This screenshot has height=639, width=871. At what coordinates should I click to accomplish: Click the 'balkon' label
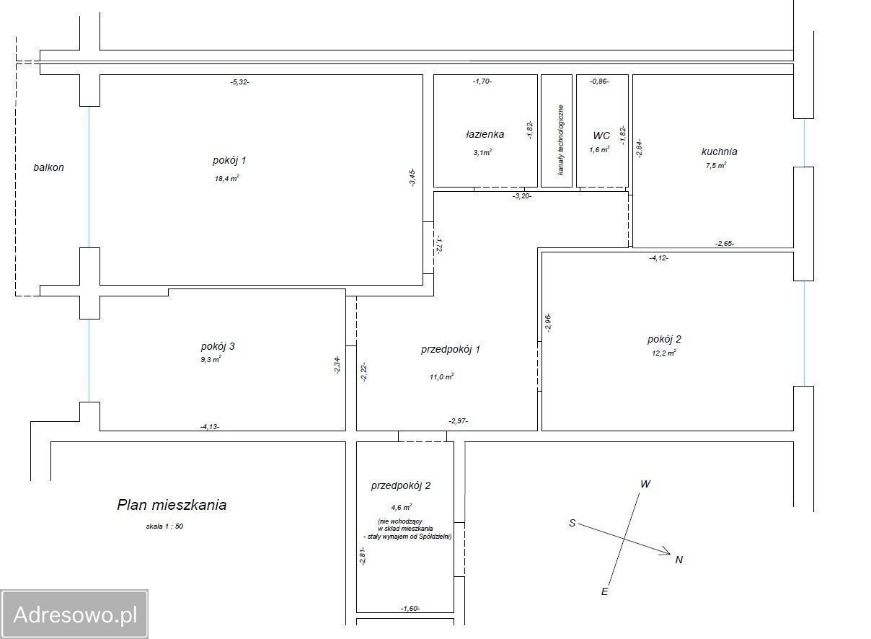(48, 167)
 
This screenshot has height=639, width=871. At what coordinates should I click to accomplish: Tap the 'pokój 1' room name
(229, 161)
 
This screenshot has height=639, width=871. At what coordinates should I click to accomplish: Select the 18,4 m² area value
(226, 179)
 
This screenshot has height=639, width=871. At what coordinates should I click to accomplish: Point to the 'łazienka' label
(485, 134)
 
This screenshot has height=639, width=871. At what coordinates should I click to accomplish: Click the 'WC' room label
(601, 136)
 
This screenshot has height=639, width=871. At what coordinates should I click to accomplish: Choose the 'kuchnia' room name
(720, 151)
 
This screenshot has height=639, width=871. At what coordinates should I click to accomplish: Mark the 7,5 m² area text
(716, 165)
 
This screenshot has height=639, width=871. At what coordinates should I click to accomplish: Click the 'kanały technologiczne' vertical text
(561, 140)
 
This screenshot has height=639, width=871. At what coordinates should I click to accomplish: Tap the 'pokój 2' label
(664, 339)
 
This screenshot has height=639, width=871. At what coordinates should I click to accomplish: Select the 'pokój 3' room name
(218, 346)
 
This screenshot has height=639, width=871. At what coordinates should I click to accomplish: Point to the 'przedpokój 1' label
(451, 349)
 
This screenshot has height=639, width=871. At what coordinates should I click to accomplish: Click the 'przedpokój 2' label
(401, 485)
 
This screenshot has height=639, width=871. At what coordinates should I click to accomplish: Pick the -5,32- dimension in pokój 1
(239, 82)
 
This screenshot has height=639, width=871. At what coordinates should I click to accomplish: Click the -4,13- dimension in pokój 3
(210, 427)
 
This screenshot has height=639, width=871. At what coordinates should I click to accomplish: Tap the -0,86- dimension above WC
(599, 81)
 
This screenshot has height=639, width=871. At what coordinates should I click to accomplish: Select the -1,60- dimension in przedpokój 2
(410, 608)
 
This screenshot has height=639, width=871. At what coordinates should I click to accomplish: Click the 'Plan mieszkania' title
(172, 505)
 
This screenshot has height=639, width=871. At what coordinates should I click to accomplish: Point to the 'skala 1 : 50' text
(164, 526)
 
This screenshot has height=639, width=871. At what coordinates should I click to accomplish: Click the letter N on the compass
(679, 560)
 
